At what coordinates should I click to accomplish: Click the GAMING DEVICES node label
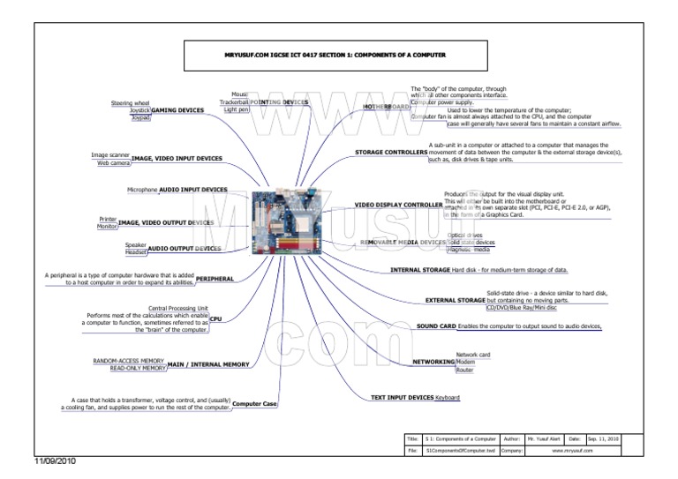coord(178,110)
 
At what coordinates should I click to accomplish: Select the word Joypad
coord(140,117)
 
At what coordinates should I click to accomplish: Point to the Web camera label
coord(113,163)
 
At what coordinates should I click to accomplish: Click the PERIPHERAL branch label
coord(215,278)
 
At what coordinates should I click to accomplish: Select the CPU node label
coord(215,318)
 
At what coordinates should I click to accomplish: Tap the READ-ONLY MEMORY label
coord(134,369)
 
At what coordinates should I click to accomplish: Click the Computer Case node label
coord(254,403)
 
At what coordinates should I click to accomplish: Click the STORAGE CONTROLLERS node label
coord(391,152)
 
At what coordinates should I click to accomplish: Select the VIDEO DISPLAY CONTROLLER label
coord(398,205)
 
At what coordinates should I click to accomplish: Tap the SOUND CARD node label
coord(436,326)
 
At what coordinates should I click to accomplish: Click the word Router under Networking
coord(465,371)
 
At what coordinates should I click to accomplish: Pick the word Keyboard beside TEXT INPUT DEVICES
coord(448,399)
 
